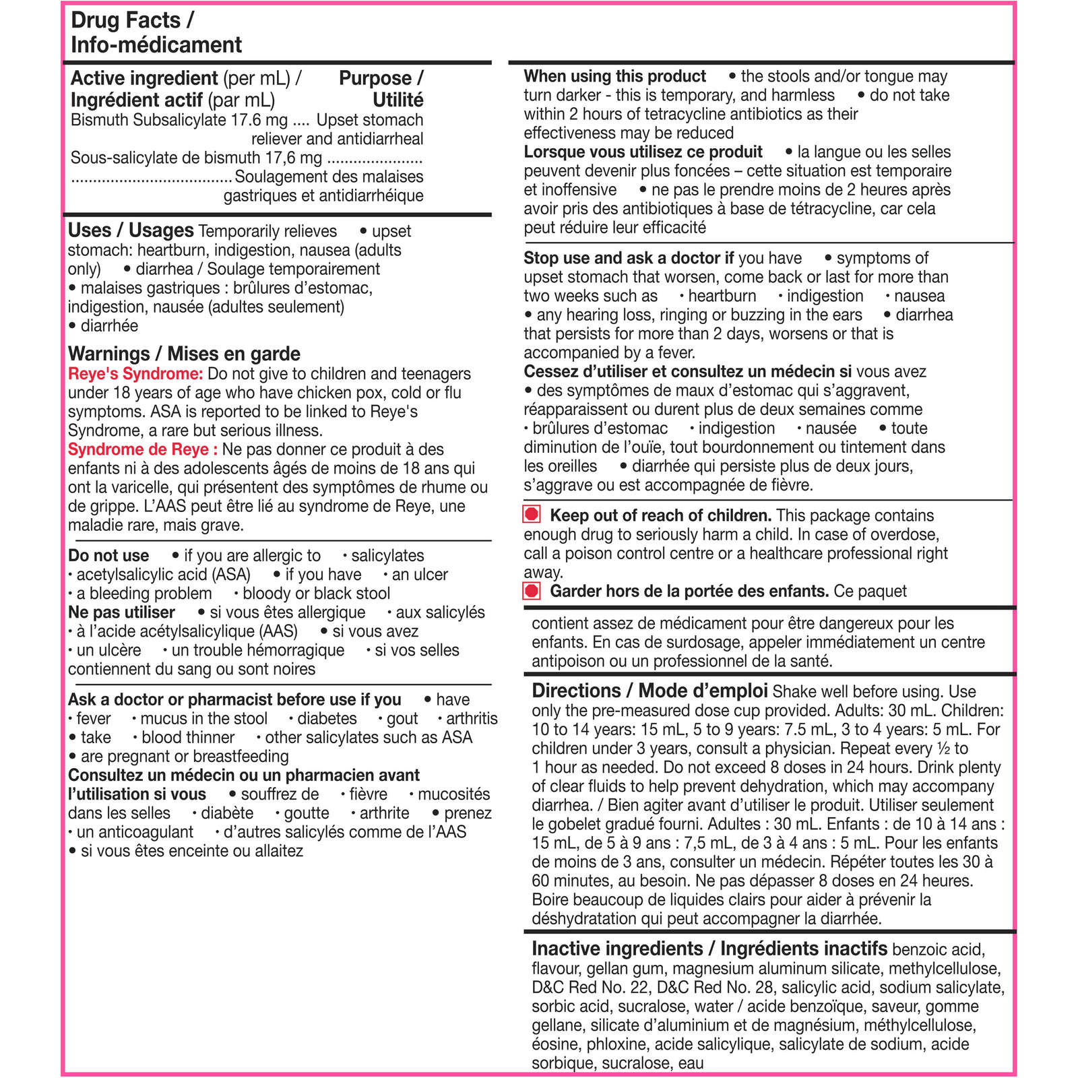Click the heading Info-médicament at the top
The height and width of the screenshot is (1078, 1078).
156,44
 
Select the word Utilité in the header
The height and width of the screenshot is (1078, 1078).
398,100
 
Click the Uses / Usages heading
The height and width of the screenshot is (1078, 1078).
131,230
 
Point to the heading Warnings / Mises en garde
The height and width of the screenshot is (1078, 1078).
184,354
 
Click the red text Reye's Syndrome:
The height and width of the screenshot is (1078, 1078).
135,374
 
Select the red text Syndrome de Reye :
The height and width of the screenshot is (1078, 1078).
143,449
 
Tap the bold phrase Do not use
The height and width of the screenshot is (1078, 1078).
108,556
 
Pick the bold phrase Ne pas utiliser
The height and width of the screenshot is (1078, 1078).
121,612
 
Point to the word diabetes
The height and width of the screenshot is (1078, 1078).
327,719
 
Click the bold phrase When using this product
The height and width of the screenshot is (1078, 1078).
614,76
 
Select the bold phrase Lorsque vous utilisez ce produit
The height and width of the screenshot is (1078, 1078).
643,152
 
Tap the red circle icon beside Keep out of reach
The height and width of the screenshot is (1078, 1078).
532,515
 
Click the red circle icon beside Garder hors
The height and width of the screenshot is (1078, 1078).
532,591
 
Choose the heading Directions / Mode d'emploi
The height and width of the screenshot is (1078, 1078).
649,691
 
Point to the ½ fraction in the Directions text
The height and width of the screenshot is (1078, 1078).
943,749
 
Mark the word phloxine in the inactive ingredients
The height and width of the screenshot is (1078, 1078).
616,1044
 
